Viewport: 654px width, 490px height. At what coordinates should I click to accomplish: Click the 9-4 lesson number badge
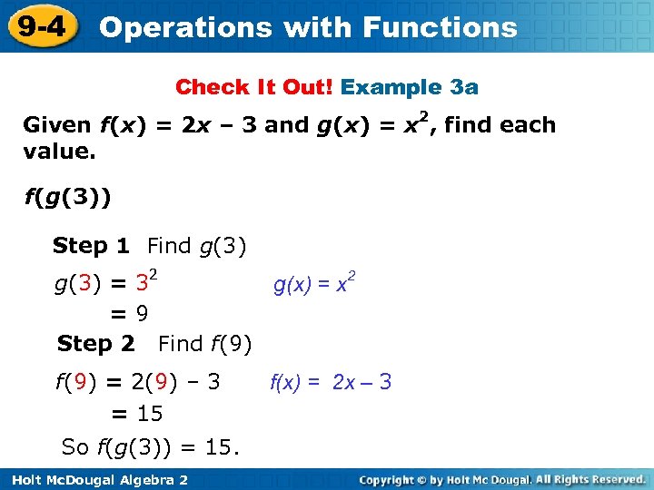pos(40,25)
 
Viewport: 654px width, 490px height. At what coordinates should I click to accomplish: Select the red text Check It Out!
pos(255,87)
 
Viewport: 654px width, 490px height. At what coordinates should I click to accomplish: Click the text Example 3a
pos(410,87)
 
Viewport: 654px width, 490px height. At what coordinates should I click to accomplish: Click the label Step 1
pos(91,245)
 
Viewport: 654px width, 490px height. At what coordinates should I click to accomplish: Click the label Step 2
pos(95,344)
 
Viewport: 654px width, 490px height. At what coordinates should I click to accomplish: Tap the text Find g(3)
pos(197,245)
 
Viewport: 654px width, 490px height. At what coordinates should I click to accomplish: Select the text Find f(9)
pos(204,344)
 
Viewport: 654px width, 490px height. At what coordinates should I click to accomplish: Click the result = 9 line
pos(130,314)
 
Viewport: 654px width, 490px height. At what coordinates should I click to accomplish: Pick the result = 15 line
pos(136,414)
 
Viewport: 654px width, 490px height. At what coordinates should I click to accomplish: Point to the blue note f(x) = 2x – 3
pos(331,382)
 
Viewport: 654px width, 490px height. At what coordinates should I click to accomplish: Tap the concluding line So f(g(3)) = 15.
pos(150,446)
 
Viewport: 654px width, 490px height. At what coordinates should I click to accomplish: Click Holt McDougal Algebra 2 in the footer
pos(96,479)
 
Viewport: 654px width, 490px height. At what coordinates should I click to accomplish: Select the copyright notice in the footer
pos(501,479)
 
